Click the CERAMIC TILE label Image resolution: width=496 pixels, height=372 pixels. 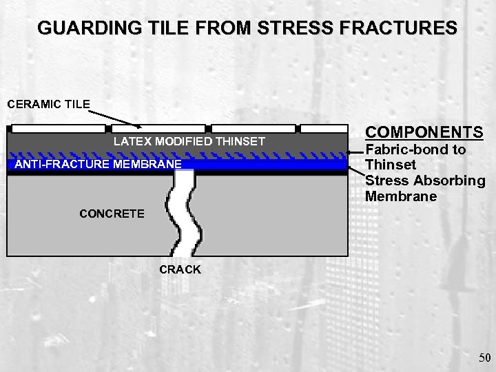pos(48,105)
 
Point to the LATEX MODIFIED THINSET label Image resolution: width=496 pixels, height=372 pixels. pos(189,141)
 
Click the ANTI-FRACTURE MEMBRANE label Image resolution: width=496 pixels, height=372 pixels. pos(99,164)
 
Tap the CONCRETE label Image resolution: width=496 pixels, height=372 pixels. pos(112,214)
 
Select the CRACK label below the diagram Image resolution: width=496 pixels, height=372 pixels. pos(180,269)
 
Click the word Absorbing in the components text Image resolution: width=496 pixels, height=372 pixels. pos(451,181)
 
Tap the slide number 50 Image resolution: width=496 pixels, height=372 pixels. pos(484,357)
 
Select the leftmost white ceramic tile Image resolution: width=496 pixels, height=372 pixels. pos(59,128)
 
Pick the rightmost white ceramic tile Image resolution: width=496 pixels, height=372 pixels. pos(324,128)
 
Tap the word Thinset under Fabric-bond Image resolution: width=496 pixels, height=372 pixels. pos(391,165)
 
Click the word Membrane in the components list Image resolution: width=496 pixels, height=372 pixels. pos(401,197)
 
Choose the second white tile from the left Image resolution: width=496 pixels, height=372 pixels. pos(158,128)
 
